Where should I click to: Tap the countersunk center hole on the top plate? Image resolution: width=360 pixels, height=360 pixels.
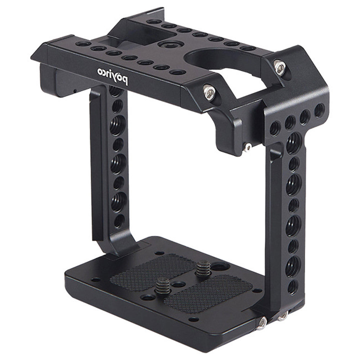167,46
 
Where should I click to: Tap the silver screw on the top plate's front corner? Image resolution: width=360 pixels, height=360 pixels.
208,91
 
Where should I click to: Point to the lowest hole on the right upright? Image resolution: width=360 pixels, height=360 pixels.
293,287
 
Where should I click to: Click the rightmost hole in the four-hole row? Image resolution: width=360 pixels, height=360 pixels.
319,110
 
